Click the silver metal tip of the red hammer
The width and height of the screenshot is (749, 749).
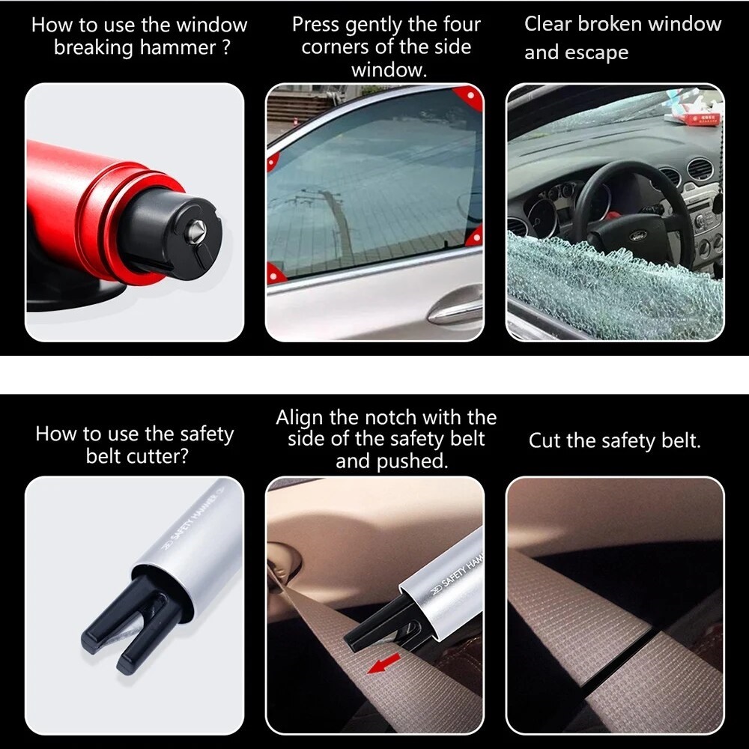click(196, 230)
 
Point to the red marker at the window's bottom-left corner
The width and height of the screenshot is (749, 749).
click(275, 273)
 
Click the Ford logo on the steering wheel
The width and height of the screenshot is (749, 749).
click(637, 235)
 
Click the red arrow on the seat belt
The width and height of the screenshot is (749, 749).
click(383, 663)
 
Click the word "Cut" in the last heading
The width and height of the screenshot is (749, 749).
click(545, 440)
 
